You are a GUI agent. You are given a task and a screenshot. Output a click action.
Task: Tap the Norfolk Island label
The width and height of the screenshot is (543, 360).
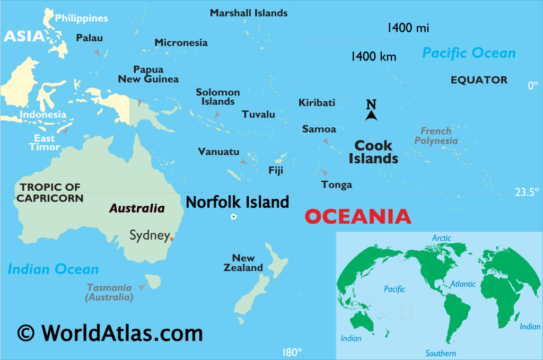coord(237,202)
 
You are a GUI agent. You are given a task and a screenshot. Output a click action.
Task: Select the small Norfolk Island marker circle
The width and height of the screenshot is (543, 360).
coord(233,217)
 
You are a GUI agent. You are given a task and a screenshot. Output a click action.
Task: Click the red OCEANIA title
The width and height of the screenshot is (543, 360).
coord(358,216)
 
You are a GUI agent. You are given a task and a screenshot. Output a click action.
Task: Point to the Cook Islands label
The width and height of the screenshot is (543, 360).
coord(373,152)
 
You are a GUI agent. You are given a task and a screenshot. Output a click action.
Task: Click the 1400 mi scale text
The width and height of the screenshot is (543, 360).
coord(408,28)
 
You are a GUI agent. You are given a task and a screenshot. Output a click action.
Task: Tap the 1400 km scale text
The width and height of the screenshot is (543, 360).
coord(373,56)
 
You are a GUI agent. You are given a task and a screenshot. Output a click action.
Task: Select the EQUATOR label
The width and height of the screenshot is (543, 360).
coord(479,80)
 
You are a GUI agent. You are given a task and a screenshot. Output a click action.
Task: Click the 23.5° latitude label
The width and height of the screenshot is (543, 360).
coord(527,192)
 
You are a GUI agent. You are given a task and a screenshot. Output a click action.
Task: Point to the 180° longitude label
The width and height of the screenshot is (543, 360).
coord(292,352)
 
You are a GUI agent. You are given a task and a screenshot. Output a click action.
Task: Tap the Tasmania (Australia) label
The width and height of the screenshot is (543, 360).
coord(109,292)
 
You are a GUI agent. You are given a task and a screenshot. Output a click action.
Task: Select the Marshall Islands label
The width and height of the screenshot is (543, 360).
coord(249,13)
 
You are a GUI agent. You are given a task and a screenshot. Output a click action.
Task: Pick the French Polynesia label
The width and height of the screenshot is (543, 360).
coord(436,136)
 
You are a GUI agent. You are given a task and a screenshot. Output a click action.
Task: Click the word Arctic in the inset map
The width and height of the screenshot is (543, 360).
coord(441,238)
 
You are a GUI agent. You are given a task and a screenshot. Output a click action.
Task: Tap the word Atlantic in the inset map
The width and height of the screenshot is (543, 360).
coord(463,284)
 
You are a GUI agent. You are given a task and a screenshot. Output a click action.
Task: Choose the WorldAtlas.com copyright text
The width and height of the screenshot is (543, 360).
coord(110,333)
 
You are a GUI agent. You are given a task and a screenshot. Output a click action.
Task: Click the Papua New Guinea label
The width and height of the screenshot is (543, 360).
coord(148,74)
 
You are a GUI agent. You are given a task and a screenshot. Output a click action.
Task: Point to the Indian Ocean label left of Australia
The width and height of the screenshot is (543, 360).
coord(53,269)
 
